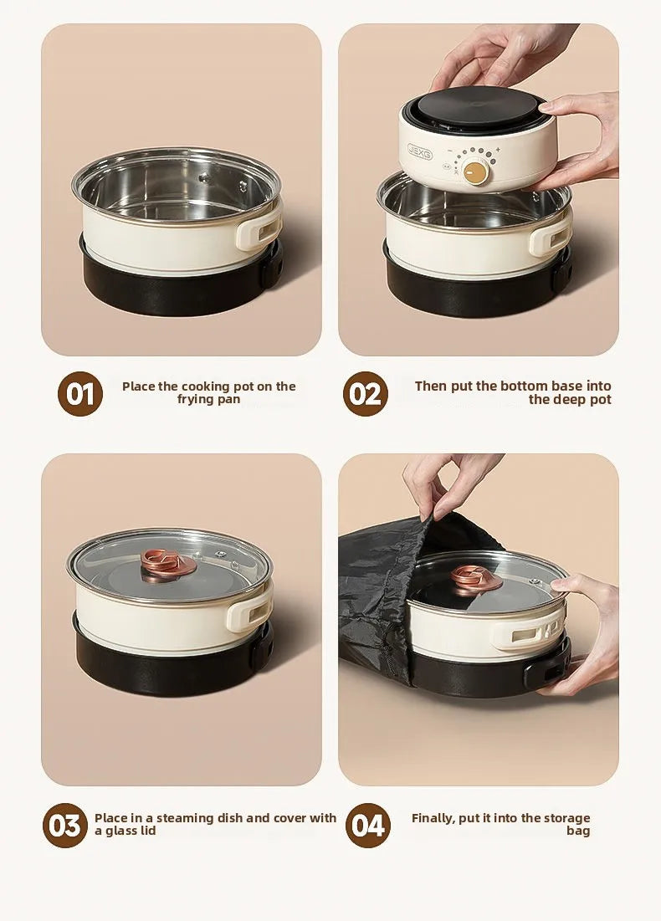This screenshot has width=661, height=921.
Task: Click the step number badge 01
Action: [x=80, y=394]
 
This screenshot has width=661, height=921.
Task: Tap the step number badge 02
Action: [x=366, y=394]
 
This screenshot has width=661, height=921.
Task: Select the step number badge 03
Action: [x=64, y=826]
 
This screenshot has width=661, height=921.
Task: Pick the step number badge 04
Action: [x=368, y=826]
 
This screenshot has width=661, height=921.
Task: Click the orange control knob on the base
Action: [x=476, y=172]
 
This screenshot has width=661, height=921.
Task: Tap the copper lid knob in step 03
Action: [x=169, y=562]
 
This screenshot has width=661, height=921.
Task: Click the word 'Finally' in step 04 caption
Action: [x=433, y=818]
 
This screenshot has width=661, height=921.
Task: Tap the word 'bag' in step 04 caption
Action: [x=578, y=831]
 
